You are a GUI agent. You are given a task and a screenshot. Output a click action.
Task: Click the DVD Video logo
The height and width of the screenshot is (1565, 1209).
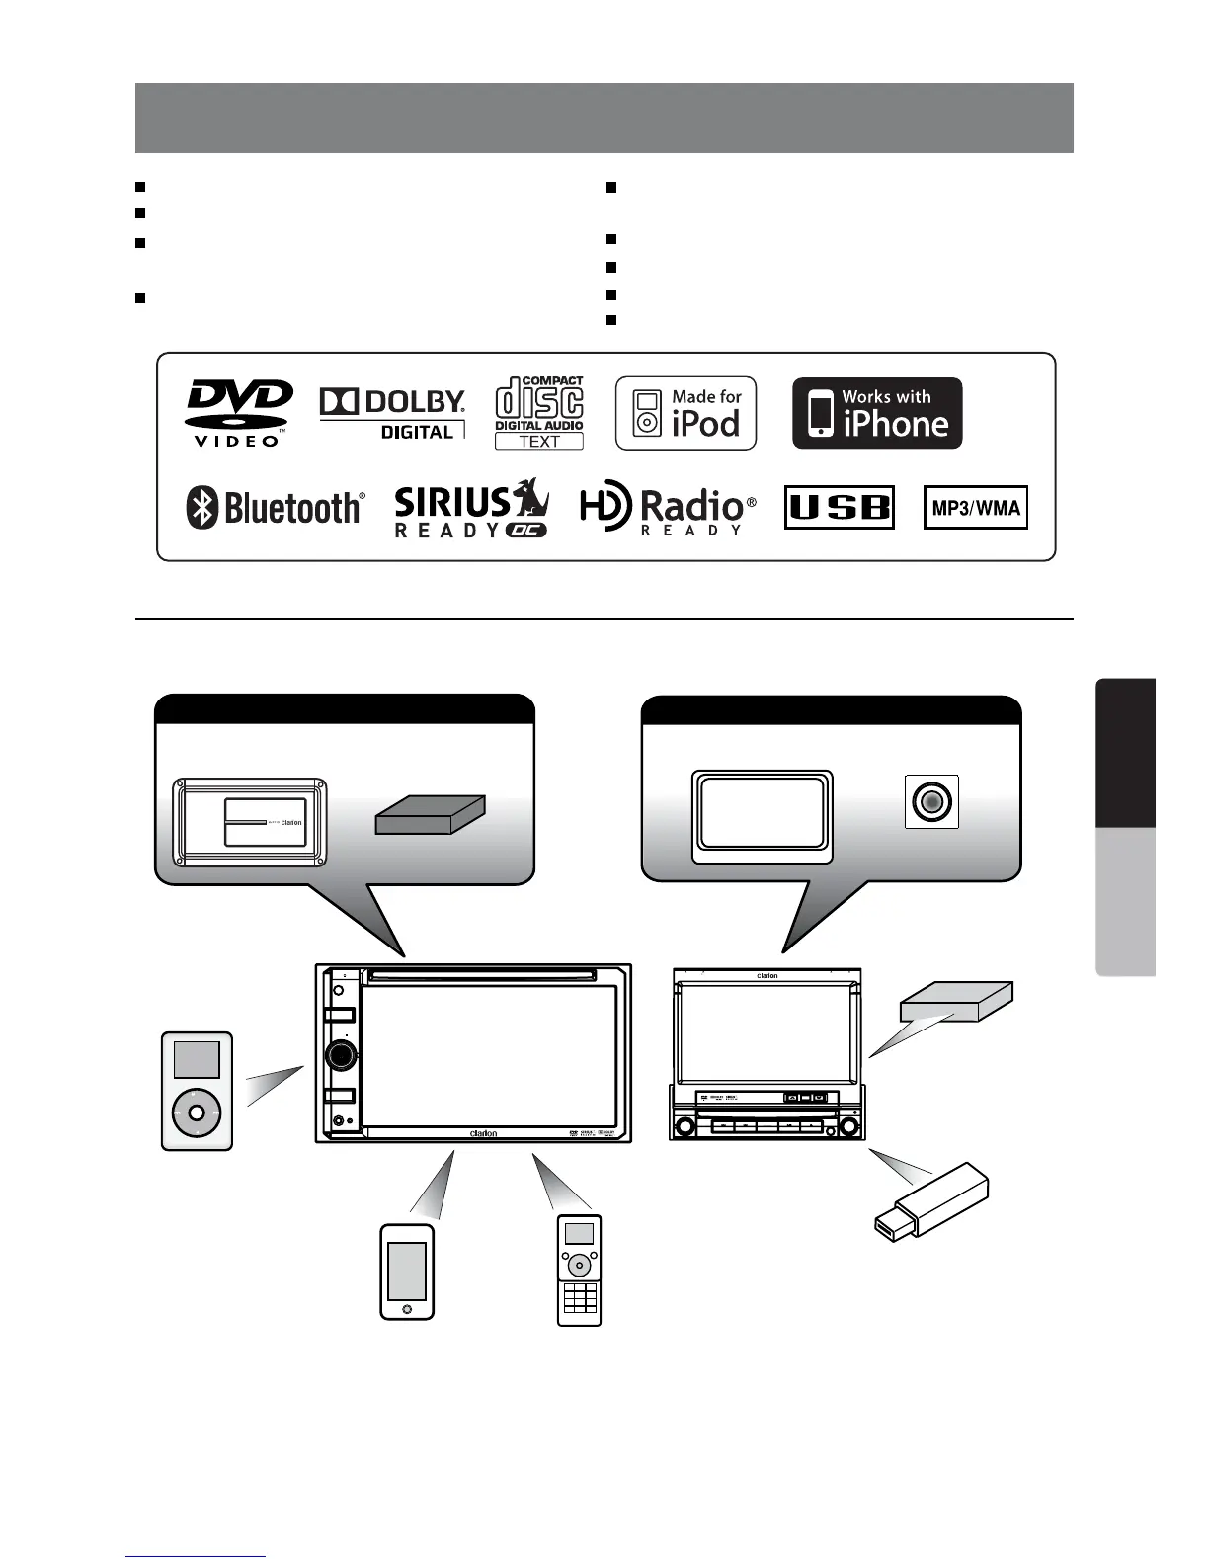click(x=240, y=413)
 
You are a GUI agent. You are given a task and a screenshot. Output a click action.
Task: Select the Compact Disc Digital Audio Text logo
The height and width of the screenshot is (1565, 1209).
click(x=539, y=413)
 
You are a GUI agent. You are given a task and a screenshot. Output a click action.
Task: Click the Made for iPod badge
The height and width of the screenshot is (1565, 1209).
click(x=685, y=413)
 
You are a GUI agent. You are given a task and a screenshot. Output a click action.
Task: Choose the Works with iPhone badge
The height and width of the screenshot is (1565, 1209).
click(x=877, y=413)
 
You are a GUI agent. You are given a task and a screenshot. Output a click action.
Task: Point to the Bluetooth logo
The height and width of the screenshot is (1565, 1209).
click(x=276, y=508)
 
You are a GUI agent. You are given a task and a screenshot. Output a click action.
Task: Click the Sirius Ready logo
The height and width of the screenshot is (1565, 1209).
click(x=472, y=508)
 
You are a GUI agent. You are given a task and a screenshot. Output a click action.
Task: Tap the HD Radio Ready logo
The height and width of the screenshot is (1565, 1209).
click(x=668, y=508)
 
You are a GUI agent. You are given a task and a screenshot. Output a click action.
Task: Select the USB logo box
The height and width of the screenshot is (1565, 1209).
click(x=840, y=508)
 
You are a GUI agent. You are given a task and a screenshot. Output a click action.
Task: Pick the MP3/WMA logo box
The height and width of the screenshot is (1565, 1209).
click(x=976, y=508)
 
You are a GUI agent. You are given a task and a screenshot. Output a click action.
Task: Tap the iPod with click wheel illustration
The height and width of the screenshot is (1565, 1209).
click(x=197, y=1091)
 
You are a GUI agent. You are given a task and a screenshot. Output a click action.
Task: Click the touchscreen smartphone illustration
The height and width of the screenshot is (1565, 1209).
click(x=407, y=1272)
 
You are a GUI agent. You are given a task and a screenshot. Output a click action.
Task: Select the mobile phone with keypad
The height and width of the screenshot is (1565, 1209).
click(x=580, y=1270)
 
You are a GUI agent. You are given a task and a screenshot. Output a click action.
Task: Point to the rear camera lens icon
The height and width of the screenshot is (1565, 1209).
click(x=931, y=800)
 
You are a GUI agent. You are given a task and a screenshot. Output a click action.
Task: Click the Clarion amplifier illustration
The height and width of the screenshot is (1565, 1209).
click(x=251, y=822)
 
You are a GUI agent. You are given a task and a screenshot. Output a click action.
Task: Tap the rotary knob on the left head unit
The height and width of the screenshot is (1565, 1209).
click(x=340, y=1054)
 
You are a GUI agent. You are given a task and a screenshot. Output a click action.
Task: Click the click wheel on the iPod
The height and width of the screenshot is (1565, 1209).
click(x=197, y=1112)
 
